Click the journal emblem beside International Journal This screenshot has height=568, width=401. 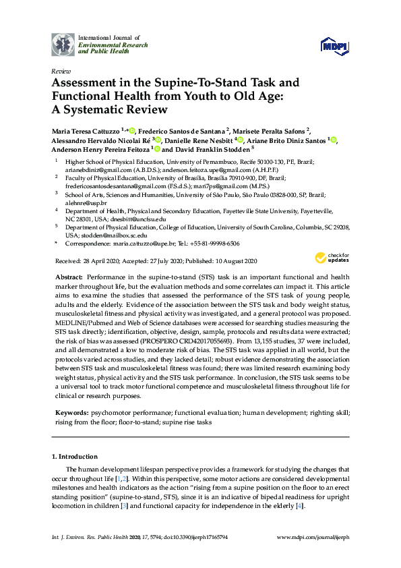[63, 43]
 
